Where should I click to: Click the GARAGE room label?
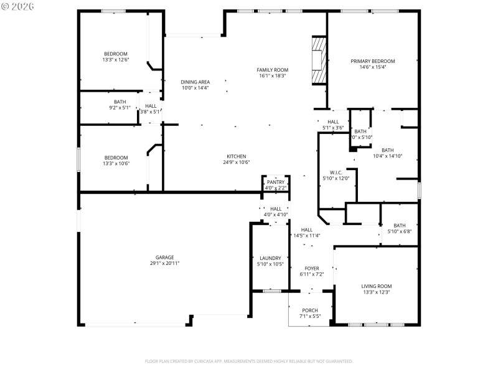164,257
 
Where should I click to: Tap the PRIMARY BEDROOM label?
372,61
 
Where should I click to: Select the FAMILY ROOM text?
272,70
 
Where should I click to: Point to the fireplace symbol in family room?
318,60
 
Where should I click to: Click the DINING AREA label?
195,82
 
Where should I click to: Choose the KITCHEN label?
236,156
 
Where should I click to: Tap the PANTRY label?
275,182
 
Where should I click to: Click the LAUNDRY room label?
270,258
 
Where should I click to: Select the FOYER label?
311,268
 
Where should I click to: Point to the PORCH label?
309,310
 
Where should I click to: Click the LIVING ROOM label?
376,286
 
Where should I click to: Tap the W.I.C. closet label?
336,172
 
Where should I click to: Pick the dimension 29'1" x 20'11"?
164,264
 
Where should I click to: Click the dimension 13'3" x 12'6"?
116,60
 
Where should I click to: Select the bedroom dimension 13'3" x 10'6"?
116,164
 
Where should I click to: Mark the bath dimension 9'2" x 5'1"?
120,108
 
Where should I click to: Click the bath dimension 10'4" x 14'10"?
387,156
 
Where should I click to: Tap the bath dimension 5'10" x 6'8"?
399,231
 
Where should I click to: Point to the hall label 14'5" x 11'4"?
306,236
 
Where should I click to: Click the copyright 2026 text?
18,7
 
